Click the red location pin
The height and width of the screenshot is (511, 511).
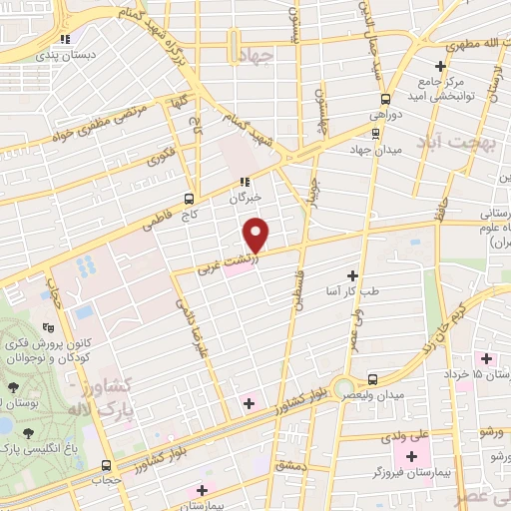257,235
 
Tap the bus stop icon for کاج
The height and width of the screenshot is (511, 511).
190,199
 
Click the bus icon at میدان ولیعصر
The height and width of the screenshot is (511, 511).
372,379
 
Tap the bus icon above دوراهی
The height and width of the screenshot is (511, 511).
385,98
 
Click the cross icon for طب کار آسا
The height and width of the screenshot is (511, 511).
351,274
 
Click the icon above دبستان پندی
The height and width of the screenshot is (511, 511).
65,40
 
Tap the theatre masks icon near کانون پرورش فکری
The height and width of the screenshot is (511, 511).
47,326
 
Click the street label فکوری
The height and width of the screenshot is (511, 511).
159,157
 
